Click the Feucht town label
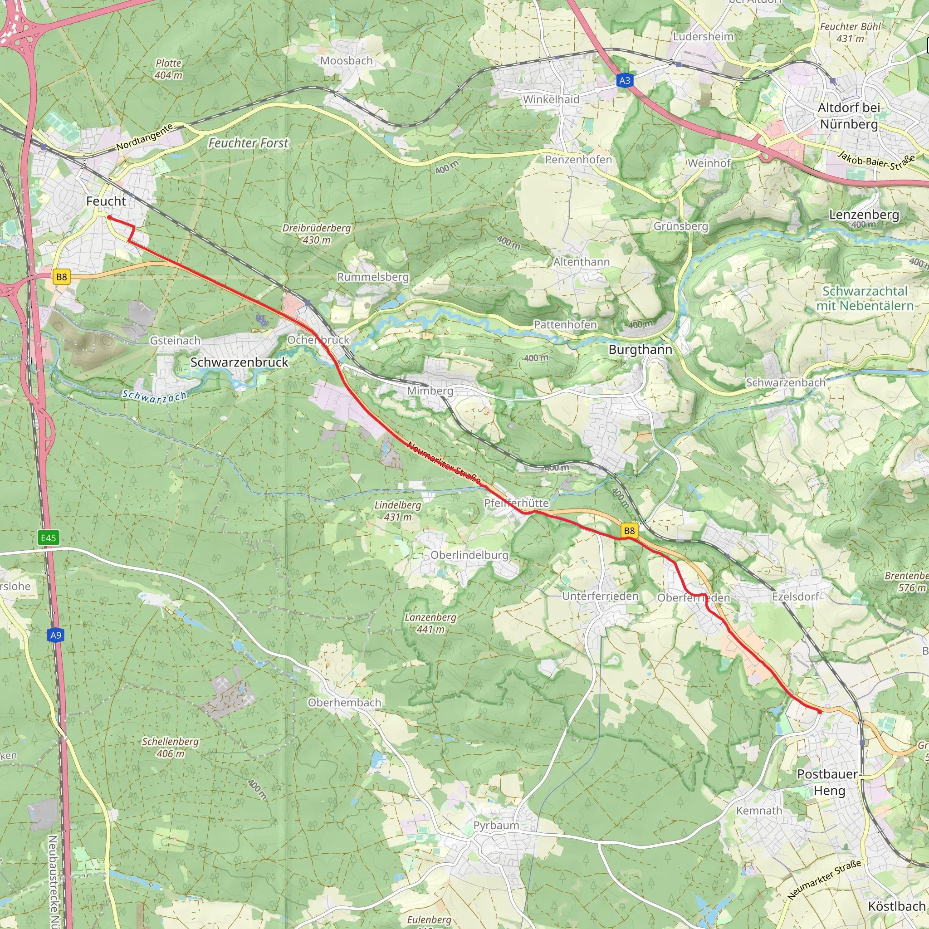tap(106, 201)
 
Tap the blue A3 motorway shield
tap(625, 80)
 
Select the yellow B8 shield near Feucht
tap(62, 277)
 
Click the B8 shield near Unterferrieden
tap(629, 530)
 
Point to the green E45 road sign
tap(49, 538)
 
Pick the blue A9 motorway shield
tap(56, 635)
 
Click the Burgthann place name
tap(640, 350)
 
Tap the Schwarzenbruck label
tap(239, 362)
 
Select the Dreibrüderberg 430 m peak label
tap(317, 234)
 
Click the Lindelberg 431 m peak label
tap(398, 511)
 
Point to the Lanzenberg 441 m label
tap(430, 623)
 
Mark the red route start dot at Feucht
tap(109, 218)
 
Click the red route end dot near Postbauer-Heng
tap(819, 711)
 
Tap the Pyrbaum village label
tap(496, 825)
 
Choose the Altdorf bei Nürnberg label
tap(849, 115)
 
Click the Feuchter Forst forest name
tap(248, 143)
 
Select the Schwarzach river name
tap(154, 396)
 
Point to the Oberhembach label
tap(344, 703)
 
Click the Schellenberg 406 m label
tap(170, 747)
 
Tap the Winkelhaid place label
tap(551, 99)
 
